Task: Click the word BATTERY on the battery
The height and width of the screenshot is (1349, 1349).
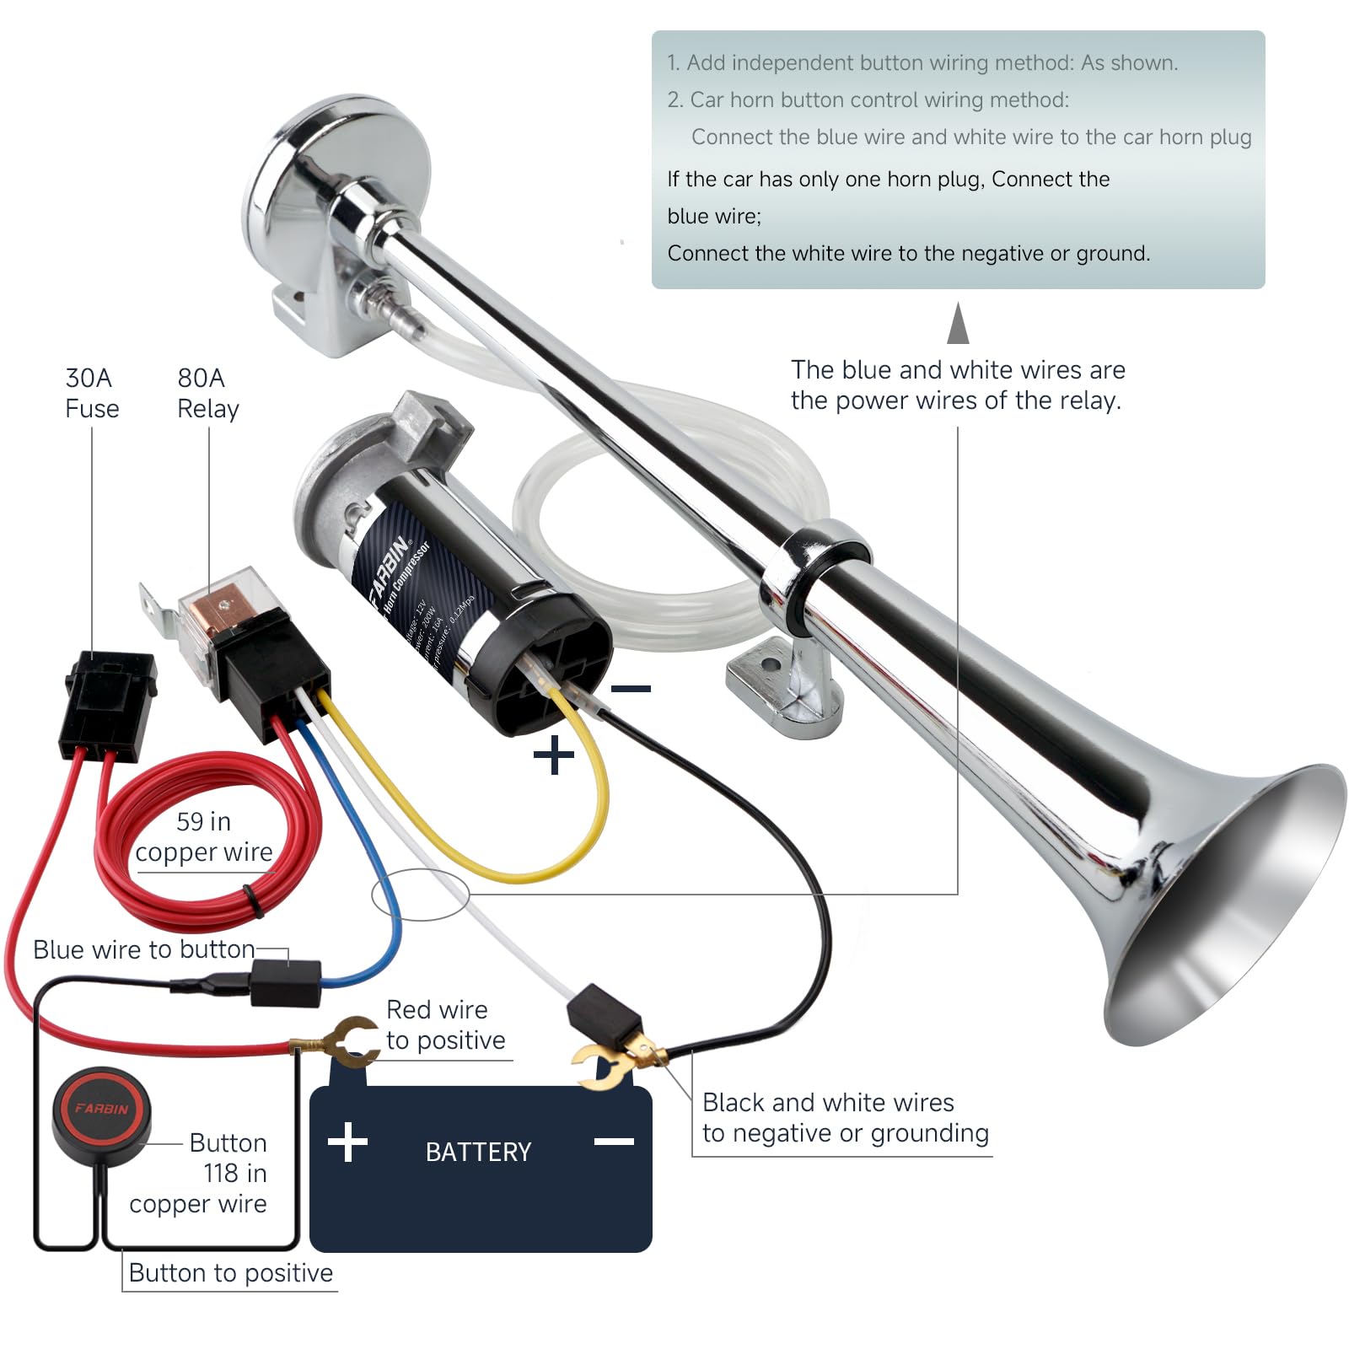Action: (x=478, y=1152)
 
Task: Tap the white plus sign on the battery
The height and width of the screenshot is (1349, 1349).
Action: (x=347, y=1142)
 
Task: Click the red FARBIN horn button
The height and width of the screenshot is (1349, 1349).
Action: (x=102, y=1108)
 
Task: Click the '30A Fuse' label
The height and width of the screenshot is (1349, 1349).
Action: (x=92, y=393)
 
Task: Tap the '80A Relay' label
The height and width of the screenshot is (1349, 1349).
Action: (x=207, y=393)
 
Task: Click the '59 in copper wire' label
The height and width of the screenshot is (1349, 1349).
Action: (x=203, y=836)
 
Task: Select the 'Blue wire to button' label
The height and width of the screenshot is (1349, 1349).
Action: (x=143, y=949)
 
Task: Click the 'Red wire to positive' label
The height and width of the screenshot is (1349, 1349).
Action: (x=445, y=1024)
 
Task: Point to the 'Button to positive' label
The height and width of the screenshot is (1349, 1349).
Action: (x=230, y=1272)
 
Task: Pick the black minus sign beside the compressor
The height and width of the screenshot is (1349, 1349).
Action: (x=631, y=689)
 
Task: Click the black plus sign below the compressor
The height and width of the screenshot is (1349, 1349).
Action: (x=554, y=755)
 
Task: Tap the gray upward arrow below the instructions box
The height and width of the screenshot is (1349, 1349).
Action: (x=958, y=325)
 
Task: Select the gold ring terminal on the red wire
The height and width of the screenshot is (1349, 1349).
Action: (x=354, y=1042)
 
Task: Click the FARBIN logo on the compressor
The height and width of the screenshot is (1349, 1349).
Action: (x=390, y=570)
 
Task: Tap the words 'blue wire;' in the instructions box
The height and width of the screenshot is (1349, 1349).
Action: (x=713, y=216)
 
